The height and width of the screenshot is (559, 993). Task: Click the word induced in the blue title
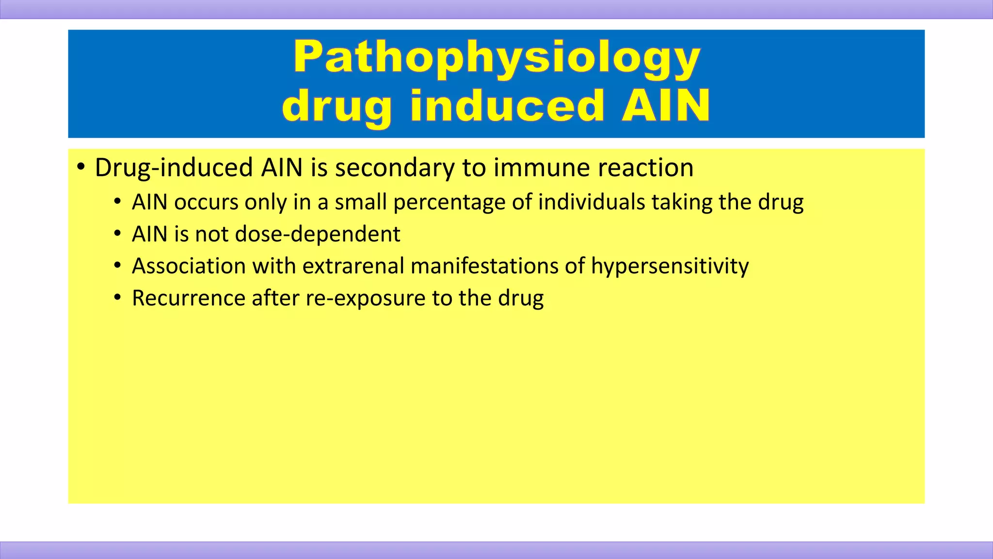[x=507, y=106]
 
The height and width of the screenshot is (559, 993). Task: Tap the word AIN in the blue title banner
[x=666, y=106]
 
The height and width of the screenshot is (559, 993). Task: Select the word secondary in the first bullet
[x=395, y=168]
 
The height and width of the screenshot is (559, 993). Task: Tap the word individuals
[x=591, y=202]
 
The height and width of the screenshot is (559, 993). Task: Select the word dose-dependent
[x=318, y=234]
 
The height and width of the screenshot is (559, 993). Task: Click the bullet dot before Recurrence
[x=117, y=298]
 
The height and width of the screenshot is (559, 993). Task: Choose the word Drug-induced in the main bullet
[x=174, y=168]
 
